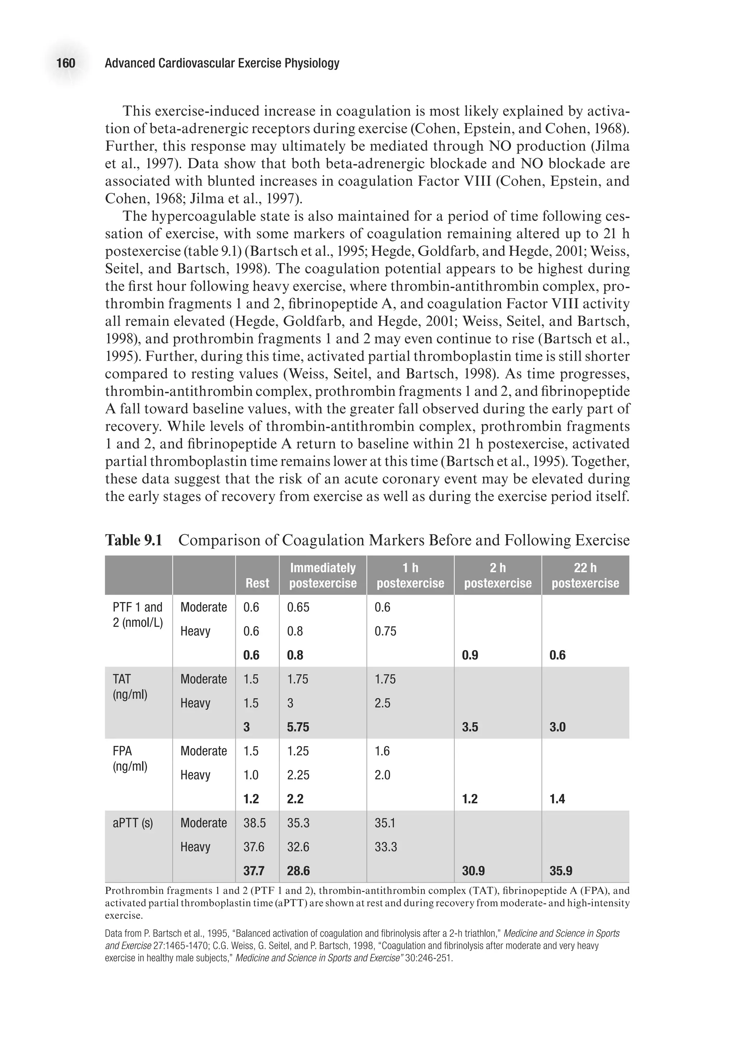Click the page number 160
tap(66, 63)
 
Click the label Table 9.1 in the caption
tap(134, 540)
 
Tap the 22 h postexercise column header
tap(585, 575)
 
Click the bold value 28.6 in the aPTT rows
tap(298, 871)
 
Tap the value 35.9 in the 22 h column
tap(561, 871)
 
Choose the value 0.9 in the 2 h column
tap(470, 655)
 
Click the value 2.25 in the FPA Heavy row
tap(298, 775)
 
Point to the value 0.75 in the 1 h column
tap(385, 631)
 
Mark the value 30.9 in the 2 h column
tap(473, 871)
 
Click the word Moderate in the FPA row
tap(203, 751)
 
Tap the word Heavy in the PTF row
tap(195, 631)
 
